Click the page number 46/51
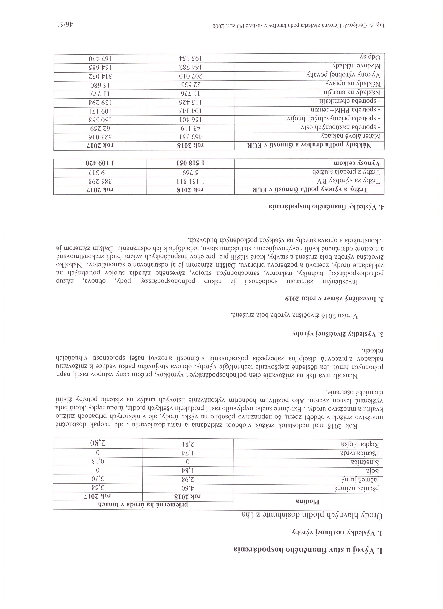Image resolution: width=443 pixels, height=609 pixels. pos(66,25)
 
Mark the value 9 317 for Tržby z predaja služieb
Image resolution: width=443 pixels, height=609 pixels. pos(100,172)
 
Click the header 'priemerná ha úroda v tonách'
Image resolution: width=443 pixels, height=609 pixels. pos(143,505)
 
